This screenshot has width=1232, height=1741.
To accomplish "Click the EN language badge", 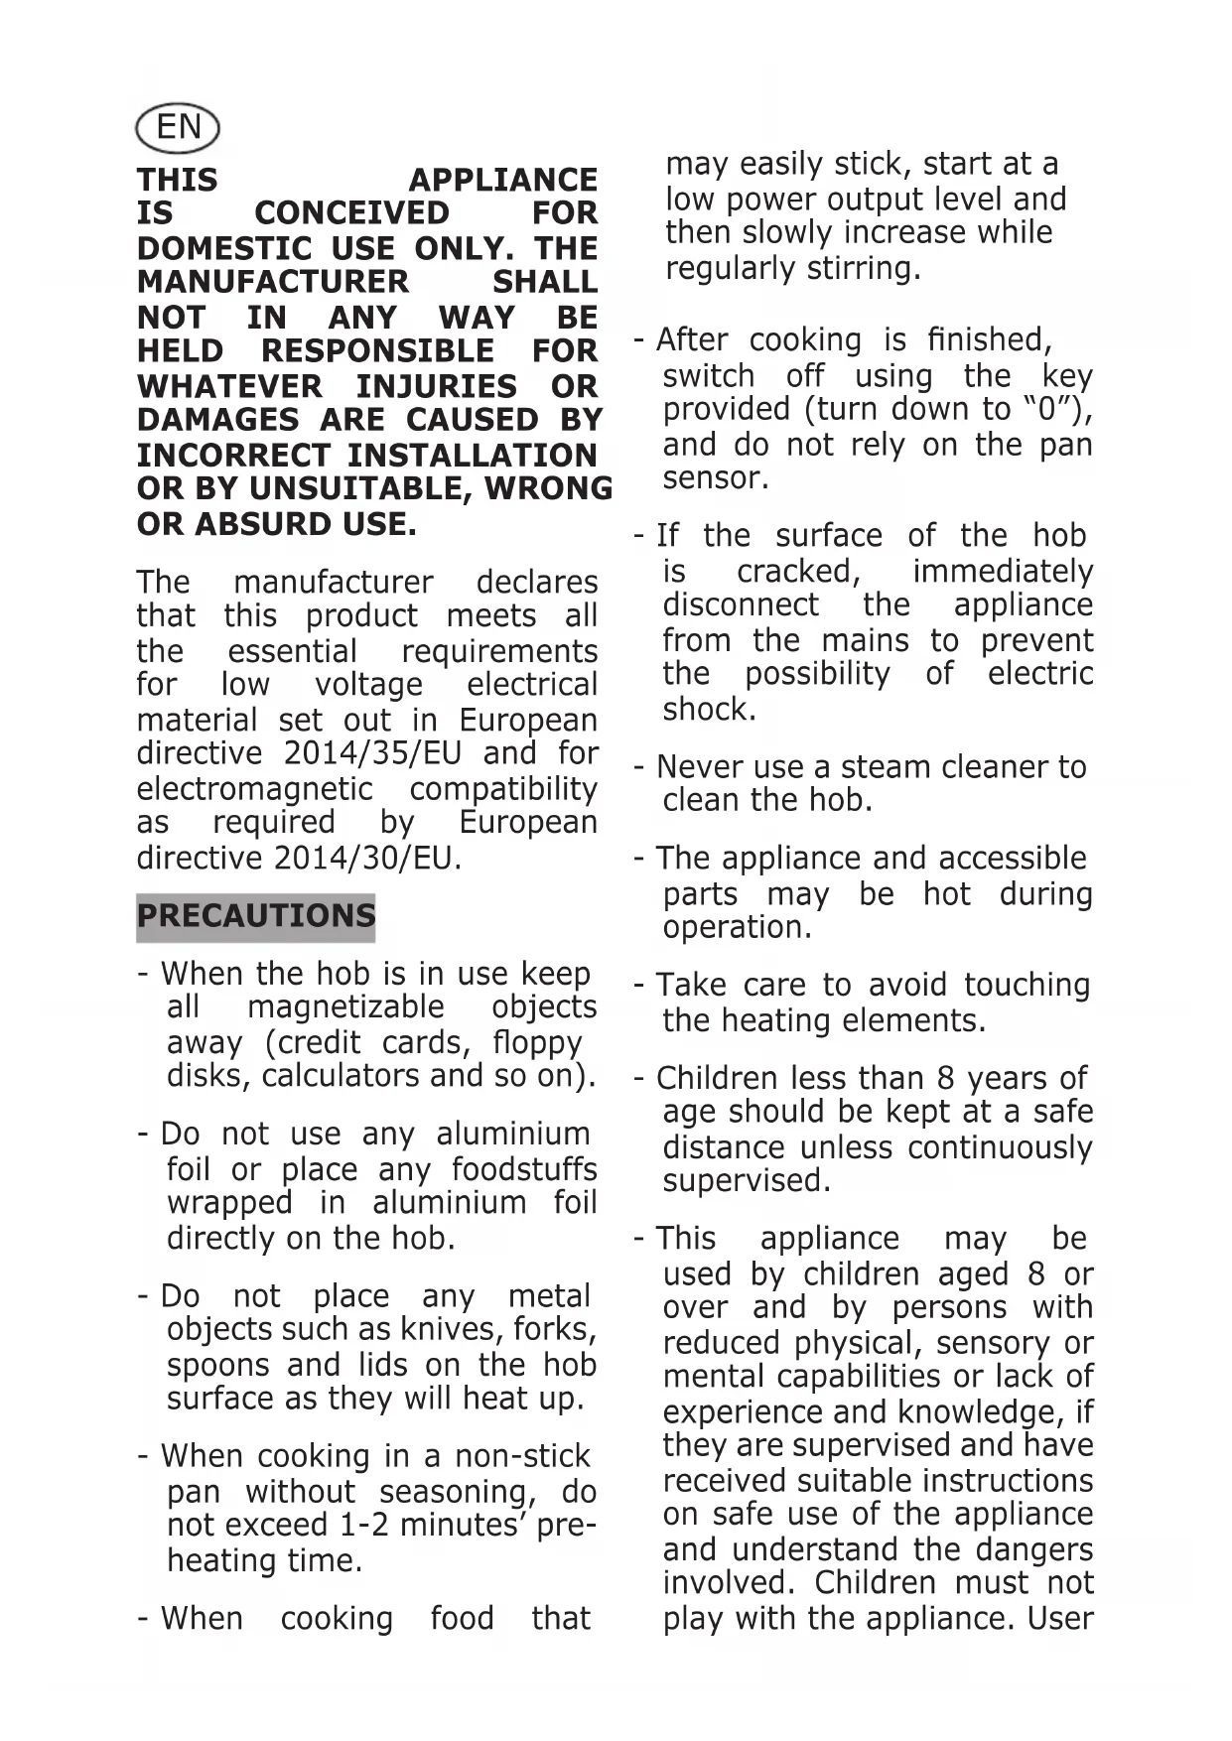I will point(177,127).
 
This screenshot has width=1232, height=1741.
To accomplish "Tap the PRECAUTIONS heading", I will point(256,916).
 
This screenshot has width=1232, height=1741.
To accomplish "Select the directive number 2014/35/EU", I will point(372,754).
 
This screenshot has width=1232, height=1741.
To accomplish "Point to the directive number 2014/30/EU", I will point(363,859).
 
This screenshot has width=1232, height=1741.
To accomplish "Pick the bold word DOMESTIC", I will point(224,248).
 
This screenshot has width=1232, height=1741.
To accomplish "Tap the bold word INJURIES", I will point(437,386).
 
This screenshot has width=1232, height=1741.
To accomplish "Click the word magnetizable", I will point(345,1007).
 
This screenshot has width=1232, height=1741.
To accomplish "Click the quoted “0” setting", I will point(1047,410).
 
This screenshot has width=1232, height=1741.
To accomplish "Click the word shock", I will point(709,710).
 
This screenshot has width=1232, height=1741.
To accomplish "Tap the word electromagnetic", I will point(255,790).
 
